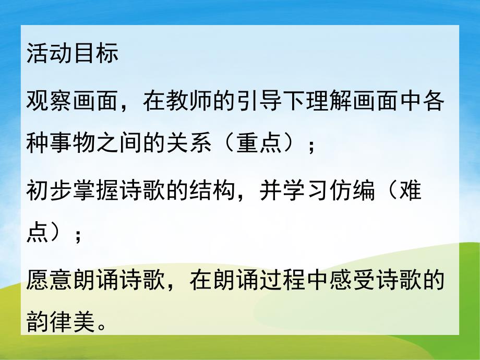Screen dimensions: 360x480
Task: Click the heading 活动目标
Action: click(72, 55)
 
